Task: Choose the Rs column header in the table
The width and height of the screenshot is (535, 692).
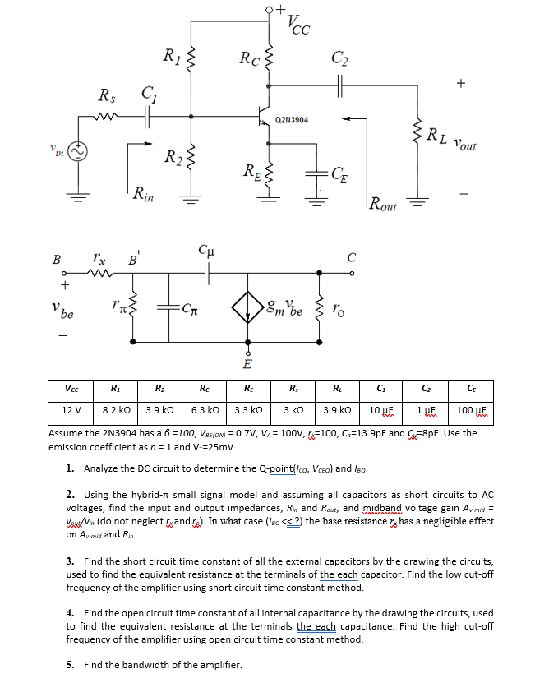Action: pyautogui.click(x=294, y=389)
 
